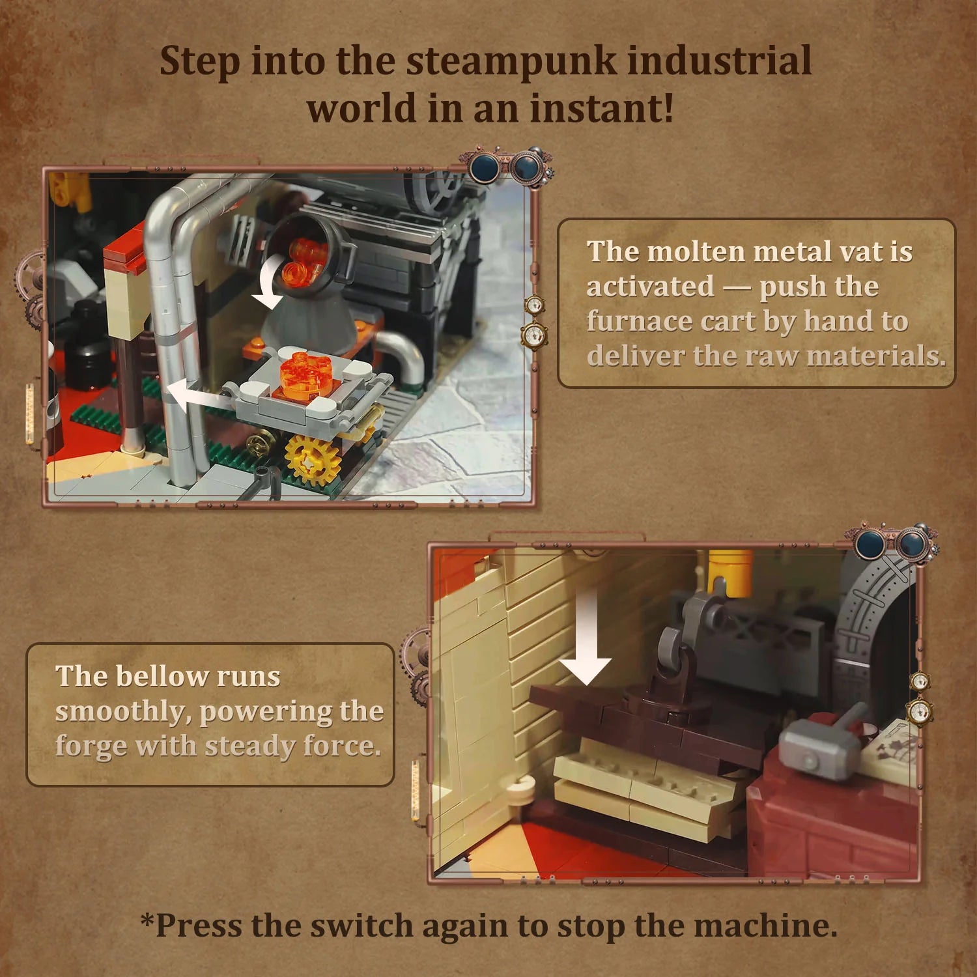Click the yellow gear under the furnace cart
(313, 459)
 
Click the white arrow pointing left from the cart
(195, 395)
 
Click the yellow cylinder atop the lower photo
(730, 570)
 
